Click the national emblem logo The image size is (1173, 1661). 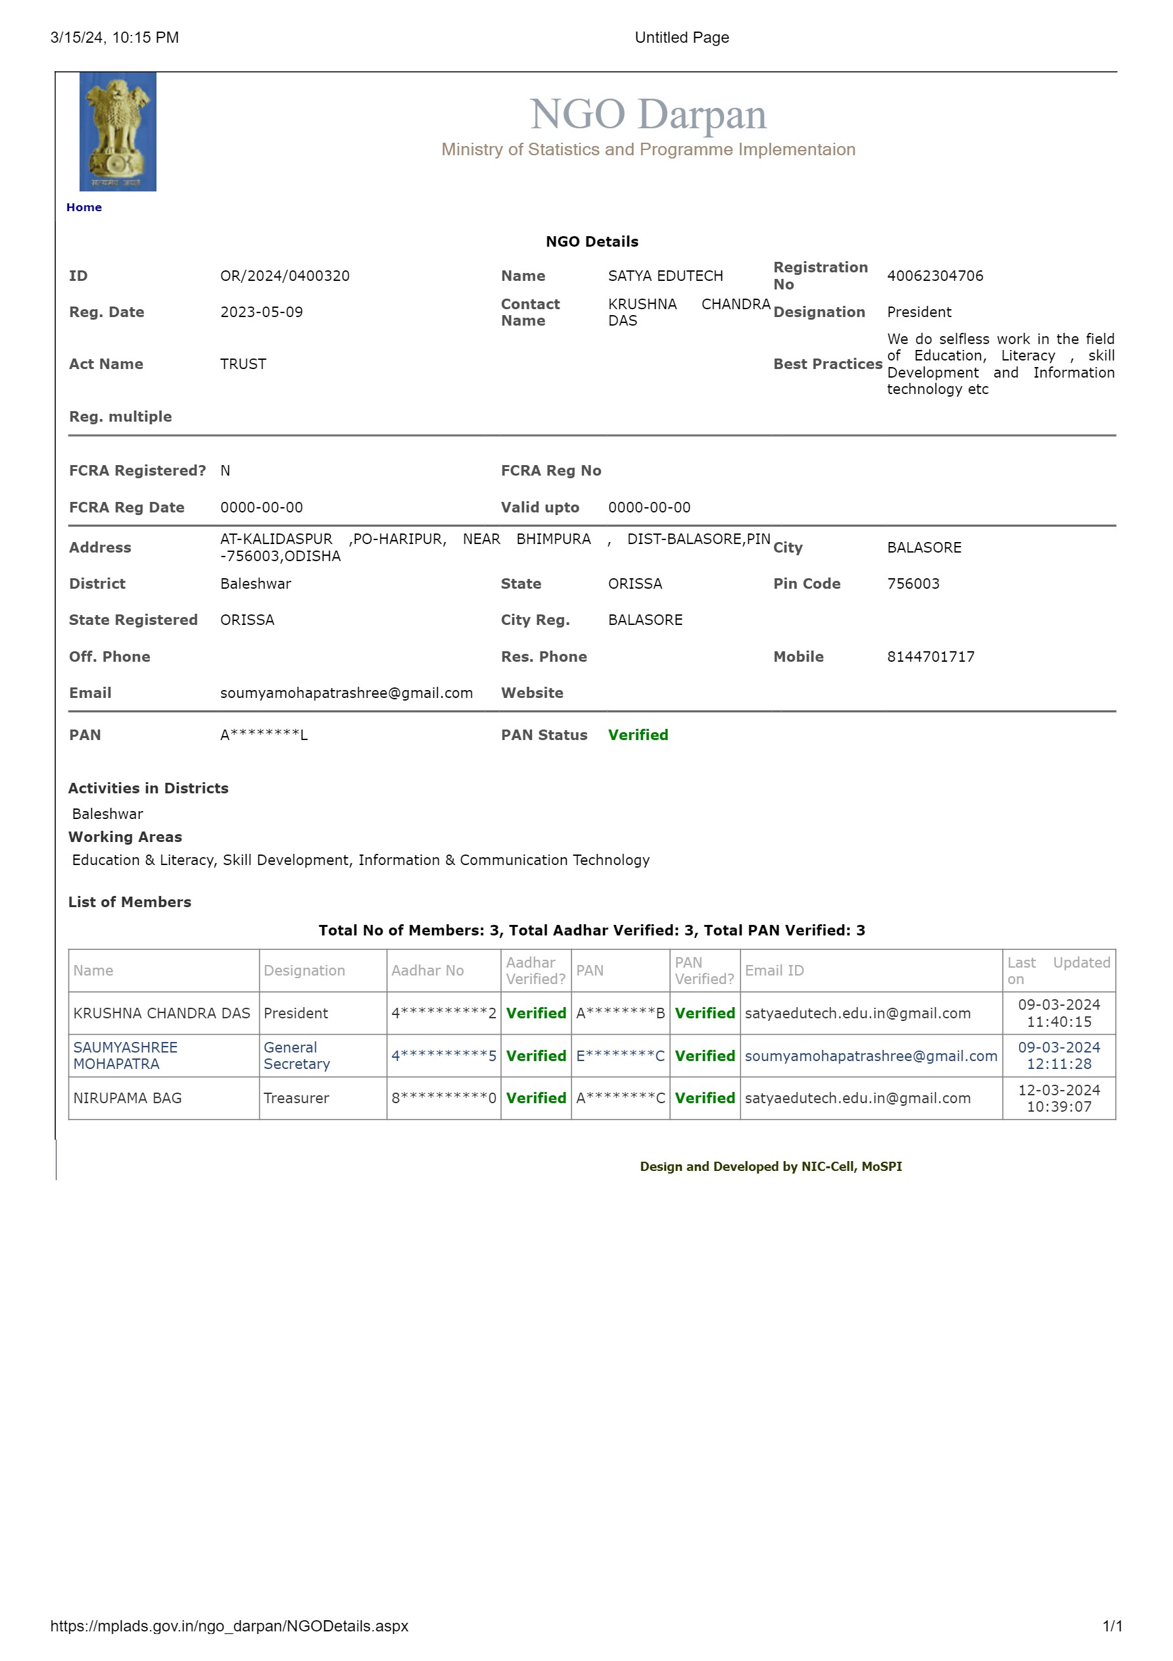(x=117, y=132)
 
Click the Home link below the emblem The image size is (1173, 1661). (x=84, y=208)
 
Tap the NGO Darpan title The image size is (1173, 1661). (x=647, y=114)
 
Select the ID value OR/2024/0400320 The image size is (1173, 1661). (x=284, y=276)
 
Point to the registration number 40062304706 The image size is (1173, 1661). (x=934, y=276)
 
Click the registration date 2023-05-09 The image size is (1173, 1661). (x=261, y=312)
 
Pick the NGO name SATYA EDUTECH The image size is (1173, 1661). (x=665, y=276)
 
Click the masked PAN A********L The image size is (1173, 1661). (x=263, y=735)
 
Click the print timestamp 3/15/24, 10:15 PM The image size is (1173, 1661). (x=114, y=37)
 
